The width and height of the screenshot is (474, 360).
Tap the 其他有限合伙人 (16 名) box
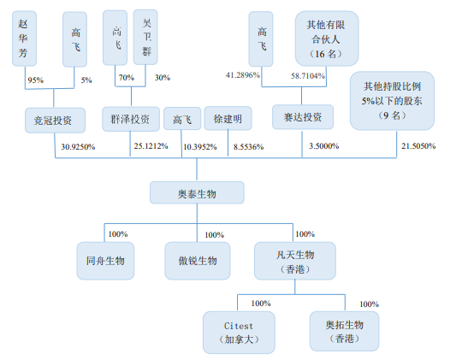(328, 38)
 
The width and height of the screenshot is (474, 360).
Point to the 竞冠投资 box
(54, 120)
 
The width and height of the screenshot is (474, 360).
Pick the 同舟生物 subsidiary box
(105, 260)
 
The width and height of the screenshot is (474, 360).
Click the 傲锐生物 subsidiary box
(197, 260)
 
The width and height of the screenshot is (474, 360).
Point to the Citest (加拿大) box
(240, 332)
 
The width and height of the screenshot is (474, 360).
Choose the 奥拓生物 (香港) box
(344, 332)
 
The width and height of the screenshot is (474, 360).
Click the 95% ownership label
(36, 80)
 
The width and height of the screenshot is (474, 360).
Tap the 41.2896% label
(241, 76)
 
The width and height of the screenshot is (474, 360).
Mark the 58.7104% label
(309, 76)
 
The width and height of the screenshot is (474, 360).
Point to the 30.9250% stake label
(78, 146)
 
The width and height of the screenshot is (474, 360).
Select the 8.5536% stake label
(248, 147)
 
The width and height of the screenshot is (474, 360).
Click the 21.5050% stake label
(418, 146)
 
